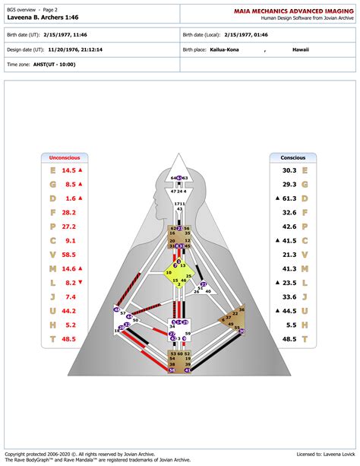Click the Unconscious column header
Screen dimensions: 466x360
click(x=65, y=157)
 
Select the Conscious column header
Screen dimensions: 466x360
click(x=292, y=157)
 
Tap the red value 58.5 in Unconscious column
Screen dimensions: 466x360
click(x=68, y=255)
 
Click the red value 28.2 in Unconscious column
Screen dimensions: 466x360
click(x=68, y=212)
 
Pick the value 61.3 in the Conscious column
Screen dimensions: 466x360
click(x=289, y=198)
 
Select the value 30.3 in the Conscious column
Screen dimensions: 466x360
click(x=289, y=170)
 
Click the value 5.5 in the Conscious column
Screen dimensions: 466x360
click(x=291, y=324)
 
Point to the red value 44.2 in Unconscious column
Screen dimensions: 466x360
click(x=68, y=310)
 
